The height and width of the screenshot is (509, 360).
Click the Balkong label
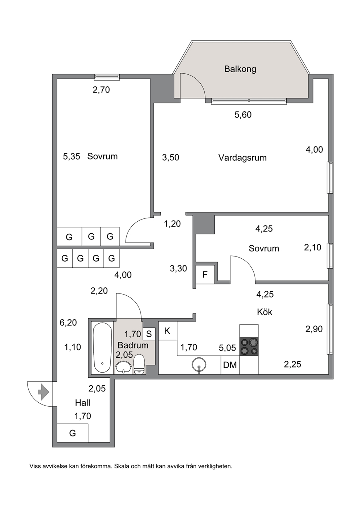click(240, 69)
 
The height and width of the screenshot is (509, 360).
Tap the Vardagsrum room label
click(242, 157)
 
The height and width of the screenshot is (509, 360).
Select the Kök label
click(265, 312)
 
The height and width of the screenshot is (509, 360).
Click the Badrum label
click(133, 345)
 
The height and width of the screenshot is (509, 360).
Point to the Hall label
click(83, 403)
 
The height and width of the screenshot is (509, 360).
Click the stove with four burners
click(249, 346)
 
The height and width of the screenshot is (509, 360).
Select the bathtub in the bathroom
click(102, 348)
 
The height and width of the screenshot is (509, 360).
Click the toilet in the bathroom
click(139, 365)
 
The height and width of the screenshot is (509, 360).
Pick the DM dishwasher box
click(230, 365)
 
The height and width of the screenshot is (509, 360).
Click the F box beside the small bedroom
click(205, 275)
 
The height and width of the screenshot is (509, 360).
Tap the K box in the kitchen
click(168, 331)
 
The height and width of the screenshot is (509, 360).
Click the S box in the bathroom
click(149, 334)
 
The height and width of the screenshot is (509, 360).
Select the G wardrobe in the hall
click(73, 433)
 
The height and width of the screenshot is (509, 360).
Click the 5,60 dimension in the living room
click(243, 115)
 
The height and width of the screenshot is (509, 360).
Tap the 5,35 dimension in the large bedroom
click(71, 157)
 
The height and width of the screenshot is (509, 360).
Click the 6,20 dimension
click(68, 323)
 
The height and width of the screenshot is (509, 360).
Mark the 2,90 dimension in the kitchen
click(314, 329)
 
